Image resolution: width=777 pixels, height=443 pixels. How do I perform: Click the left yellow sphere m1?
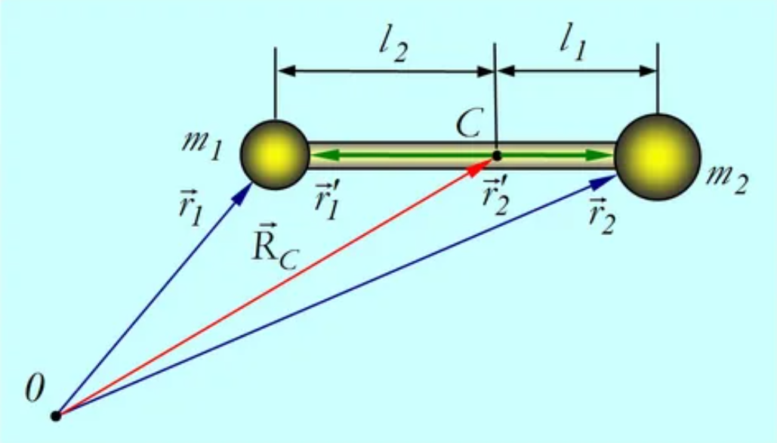[274, 154]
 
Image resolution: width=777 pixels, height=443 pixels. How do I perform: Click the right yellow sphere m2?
[658, 157]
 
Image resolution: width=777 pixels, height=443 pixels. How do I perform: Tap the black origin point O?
[55, 415]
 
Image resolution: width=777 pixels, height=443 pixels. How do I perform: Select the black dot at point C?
[496, 156]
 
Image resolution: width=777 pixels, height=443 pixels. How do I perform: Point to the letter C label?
[469, 124]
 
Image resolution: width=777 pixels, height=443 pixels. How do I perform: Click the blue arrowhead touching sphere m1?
[244, 194]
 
